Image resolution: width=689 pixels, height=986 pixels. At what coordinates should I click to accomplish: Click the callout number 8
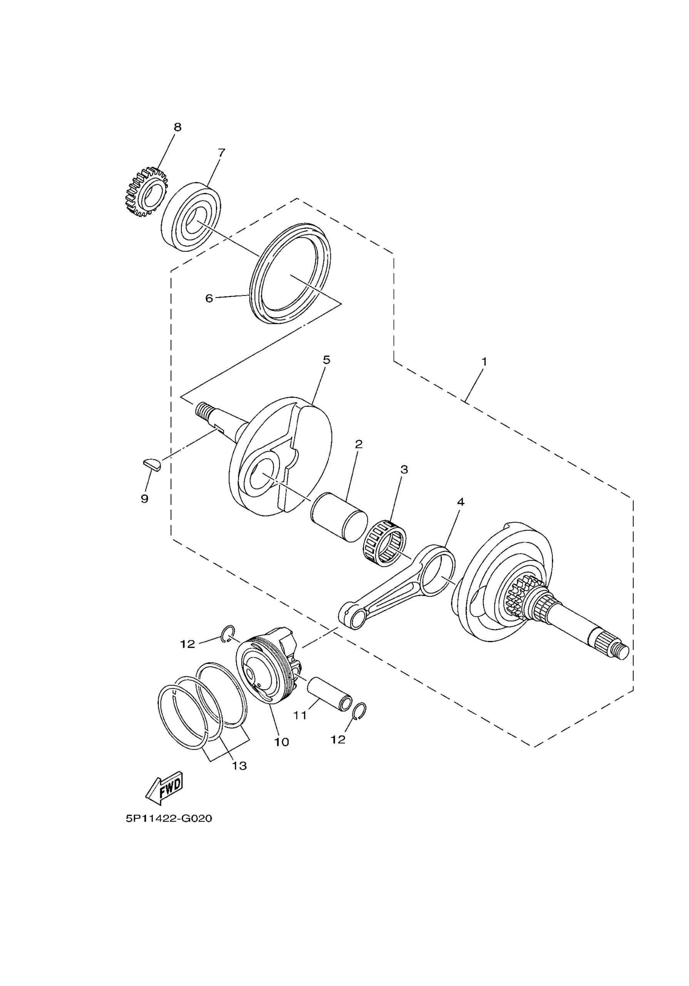(x=177, y=127)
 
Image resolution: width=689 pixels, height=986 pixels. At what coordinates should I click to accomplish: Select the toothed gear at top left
(x=145, y=191)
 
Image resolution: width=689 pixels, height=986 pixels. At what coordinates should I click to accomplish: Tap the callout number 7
(x=221, y=153)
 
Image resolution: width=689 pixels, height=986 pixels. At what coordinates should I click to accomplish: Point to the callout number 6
(x=209, y=298)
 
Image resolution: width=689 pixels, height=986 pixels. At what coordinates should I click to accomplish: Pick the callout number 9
(x=145, y=498)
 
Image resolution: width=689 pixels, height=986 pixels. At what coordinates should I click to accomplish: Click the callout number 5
(x=326, y=360)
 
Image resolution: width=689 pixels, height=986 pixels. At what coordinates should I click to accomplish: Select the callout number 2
(x=359, y=444)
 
